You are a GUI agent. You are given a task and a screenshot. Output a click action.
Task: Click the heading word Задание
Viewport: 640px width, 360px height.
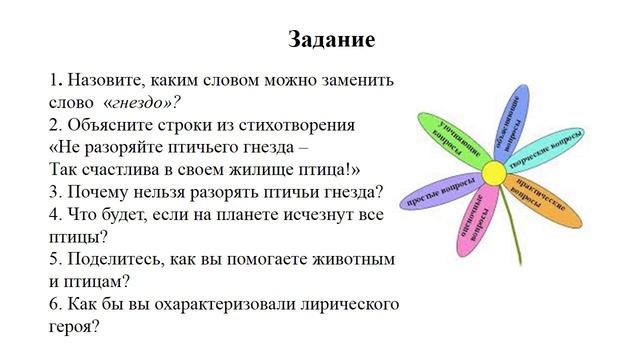coord(332,40)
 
